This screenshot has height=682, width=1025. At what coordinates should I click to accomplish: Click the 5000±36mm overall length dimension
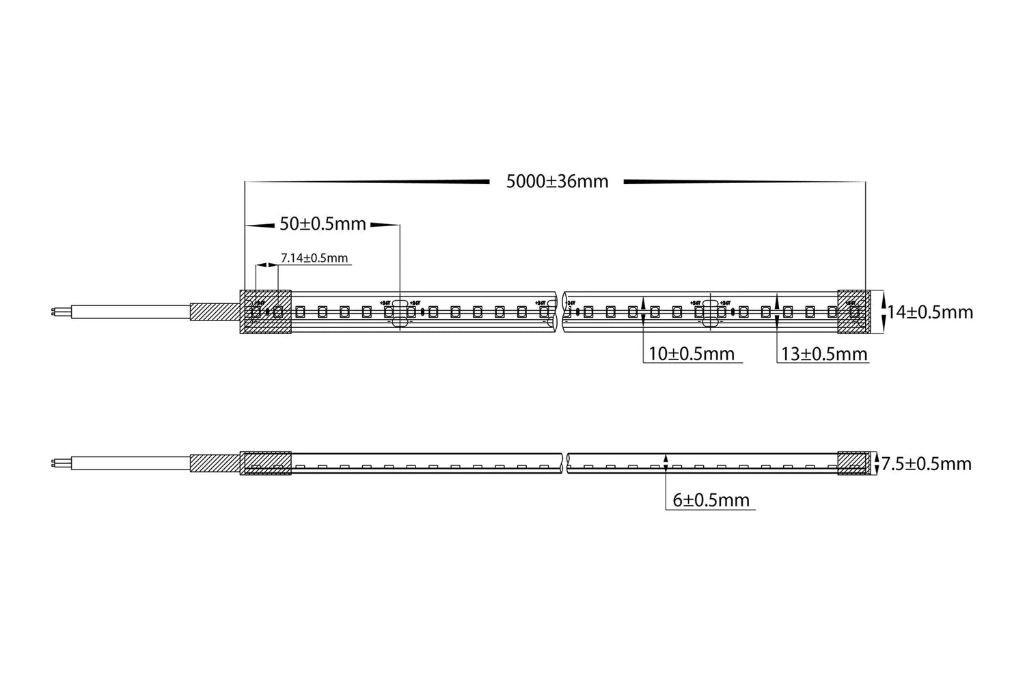point(557,182)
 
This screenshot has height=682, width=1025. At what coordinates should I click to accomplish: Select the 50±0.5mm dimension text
point(323,224)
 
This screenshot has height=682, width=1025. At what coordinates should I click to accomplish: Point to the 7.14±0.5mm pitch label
point(314,258)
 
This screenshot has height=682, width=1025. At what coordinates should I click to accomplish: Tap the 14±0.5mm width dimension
point(930,312)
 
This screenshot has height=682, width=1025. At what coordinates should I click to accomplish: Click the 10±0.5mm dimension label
point(692,354)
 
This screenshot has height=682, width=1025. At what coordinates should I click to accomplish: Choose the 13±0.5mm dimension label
point(824,354)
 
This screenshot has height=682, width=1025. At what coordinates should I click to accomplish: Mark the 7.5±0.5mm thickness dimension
point(926,464)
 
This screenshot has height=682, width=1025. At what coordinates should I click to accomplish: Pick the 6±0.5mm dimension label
point(711,500)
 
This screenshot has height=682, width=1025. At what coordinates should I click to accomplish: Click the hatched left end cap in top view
point(266,312)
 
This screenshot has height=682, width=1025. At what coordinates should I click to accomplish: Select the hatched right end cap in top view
point(853,312)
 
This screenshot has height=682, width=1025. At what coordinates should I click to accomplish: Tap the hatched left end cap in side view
point(266,463)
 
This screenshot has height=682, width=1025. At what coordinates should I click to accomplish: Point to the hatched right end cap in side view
point(855,463)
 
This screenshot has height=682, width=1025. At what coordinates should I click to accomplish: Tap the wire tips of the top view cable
point(53,312)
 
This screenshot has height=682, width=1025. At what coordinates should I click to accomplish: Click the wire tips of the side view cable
point(53,463)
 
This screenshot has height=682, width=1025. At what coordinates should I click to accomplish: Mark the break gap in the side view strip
point(565,463)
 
